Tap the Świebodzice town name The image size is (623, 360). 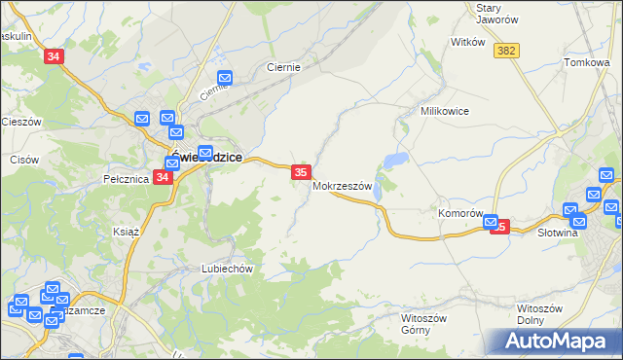(206, 158)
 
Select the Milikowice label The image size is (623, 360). (445, 111)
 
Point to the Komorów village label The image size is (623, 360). (460, 213)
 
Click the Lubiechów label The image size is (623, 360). (227, 269)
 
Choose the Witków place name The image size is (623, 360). (468, 43)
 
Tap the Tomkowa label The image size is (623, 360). (586, 62)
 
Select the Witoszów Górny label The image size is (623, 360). (422, 323)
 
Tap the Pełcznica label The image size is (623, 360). (125, 179)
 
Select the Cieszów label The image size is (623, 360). (20, 122)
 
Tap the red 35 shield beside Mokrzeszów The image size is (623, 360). (301, 172)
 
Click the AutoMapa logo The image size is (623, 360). (552, 341)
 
